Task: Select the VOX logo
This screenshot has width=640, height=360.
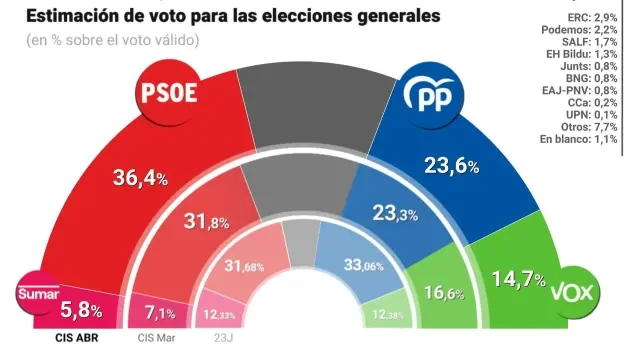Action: pos(582,293)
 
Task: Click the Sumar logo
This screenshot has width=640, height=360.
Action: pos(37,293)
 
